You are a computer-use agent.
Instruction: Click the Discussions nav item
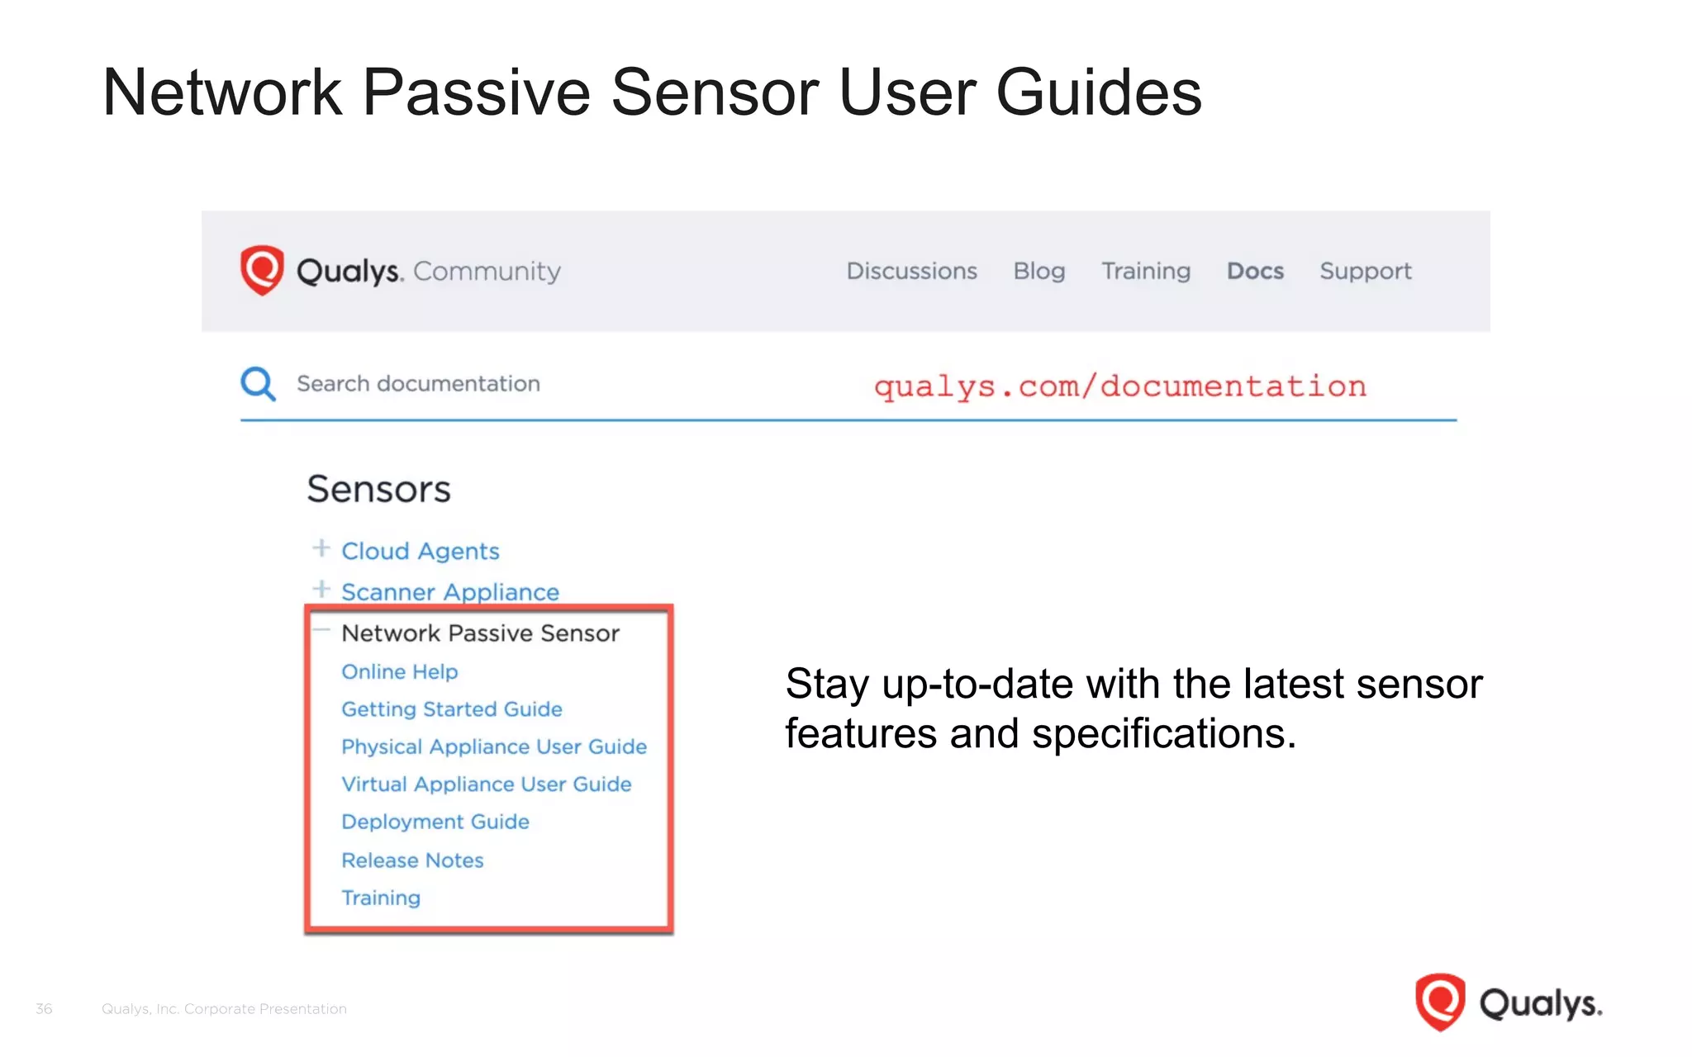click(911, 271)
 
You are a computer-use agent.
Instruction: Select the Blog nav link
click(1038, 271)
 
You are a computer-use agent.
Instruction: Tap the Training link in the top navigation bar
click(1145, 271)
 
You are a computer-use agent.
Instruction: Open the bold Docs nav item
click(1255, 271)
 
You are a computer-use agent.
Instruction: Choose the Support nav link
click(1365, 271)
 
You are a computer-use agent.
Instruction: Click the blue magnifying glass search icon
click(258, 384)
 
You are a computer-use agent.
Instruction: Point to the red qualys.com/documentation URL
click(1119, 386)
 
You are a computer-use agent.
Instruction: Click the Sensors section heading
click(378, 489)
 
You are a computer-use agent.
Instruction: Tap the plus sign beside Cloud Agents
click(321, 548)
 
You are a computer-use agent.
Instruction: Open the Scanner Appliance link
click(449, 592)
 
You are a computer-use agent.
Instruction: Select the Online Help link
click(399, 671)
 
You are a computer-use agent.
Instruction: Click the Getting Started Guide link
click(451, 709)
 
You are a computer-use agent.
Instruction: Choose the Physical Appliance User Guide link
click(493, 747)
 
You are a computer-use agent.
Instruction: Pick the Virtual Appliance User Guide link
click(486, 784)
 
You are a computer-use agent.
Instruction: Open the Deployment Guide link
click(435, 822)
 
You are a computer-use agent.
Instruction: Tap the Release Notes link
click(412, 860)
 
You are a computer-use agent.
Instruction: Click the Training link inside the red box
click(381, 898)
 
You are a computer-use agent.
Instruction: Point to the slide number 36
click(44, 1008)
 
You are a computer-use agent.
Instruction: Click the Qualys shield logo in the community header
click(262, 270)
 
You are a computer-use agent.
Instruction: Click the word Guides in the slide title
click(1099, 92)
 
